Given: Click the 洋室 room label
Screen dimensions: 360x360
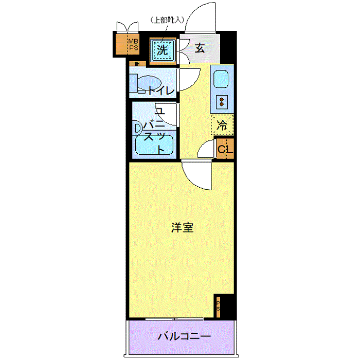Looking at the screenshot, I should [183, 228].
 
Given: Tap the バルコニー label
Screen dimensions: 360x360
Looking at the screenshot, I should [184, 337].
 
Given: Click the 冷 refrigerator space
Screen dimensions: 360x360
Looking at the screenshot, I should [222, 124].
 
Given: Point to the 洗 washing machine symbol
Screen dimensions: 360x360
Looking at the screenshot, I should [163, 50].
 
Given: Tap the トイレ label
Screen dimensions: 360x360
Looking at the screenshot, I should [161, 91].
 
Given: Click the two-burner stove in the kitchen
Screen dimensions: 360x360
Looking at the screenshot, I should [222, 101].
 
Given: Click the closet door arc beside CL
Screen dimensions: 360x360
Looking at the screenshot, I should [206, 150].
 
